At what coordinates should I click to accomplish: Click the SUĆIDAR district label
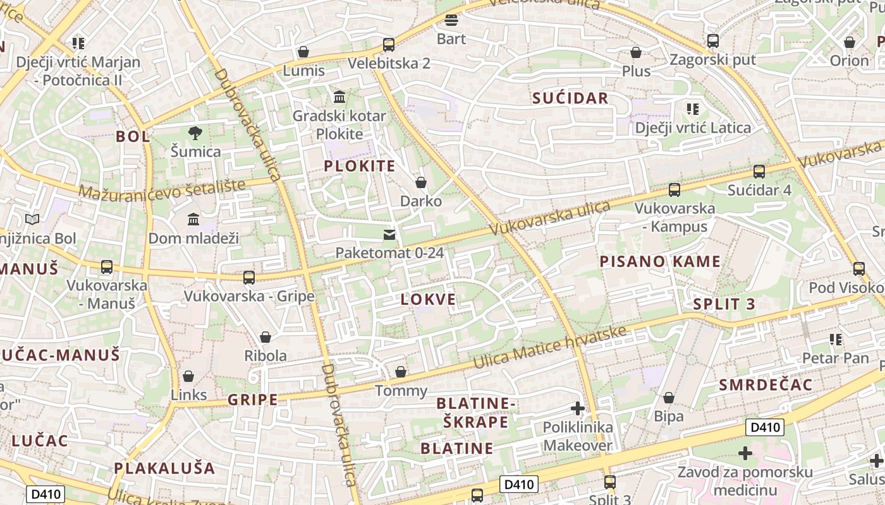(x=570, y=98)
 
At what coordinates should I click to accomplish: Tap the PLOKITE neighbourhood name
(x=360, y=166)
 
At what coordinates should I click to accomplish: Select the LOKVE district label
(x=428, y=299)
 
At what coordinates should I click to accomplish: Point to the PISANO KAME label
(x=660, y=261)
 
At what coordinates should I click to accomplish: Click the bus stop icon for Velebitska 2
(x=389, y=45)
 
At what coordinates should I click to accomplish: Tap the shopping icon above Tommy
(x=401, y=372)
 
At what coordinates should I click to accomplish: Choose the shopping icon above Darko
(x=421, y=182)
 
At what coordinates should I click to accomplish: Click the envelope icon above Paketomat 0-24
(x=389, y=235)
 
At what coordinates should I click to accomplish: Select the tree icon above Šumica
(x=195, y=133)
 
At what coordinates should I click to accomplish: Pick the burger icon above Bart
(x=451, y=20)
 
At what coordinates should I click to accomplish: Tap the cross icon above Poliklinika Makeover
(x=577, y=408)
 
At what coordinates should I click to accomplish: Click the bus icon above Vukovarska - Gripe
(x=249, y=277)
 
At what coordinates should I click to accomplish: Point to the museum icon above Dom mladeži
(x=193, y=220)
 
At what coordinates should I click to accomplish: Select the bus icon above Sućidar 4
(x=759, y=171)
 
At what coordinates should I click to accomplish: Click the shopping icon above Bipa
(x=669, y=398)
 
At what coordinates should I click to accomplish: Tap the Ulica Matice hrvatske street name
(x=550, y=348)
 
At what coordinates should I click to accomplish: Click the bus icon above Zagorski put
(x=713, y=41)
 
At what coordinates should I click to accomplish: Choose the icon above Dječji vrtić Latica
(x=693, y=109)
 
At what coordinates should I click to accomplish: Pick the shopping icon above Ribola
(x=265, y=337)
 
